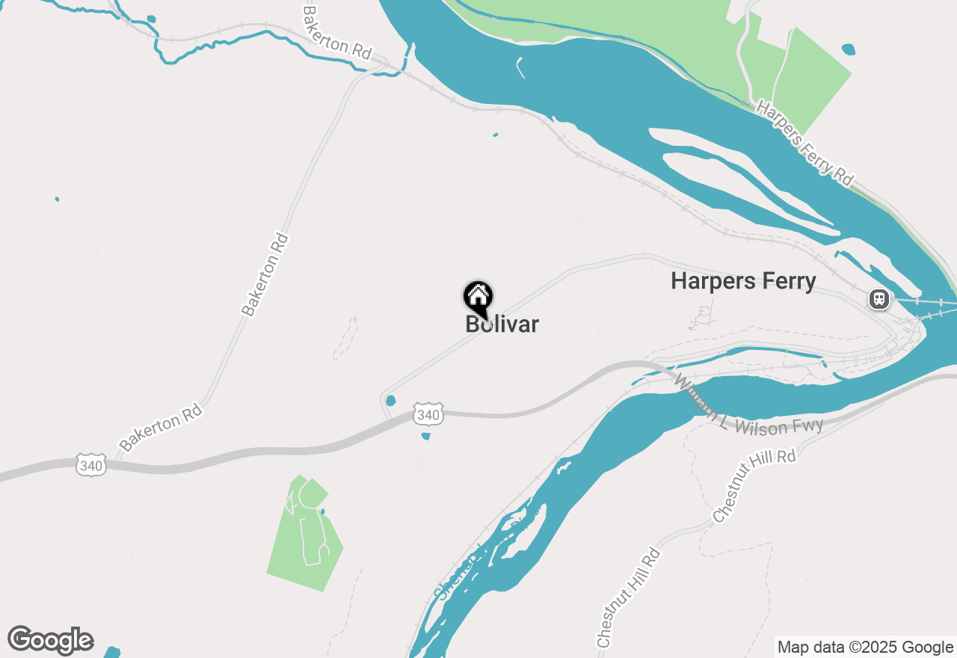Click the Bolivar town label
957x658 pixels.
(x=502, y=325)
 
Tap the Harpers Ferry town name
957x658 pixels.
(x=743, y=281)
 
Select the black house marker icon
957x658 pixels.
(x=478, y=298)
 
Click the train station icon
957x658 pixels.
(x=878, y=300)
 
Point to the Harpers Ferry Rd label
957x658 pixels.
(x=804, y=142)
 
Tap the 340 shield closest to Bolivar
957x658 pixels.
(x=428, y=414)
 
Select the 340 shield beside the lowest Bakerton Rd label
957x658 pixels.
(x=90, y=466)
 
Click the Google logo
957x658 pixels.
(x=50, y=641)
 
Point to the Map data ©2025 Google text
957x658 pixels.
(x=865, y=648)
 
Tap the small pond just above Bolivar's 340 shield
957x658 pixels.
(x=390, y=401)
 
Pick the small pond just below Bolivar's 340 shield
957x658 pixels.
(x=425, y=436)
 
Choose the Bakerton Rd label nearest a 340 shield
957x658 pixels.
(x=161, y=428)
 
